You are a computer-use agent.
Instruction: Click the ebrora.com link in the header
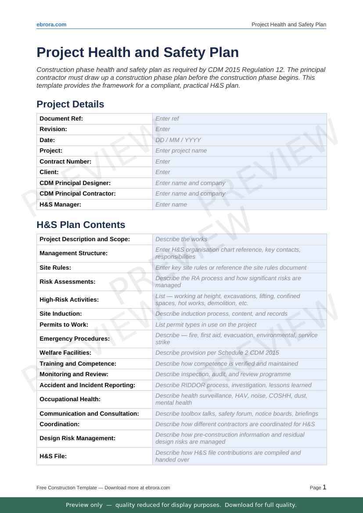(x=51, y=25)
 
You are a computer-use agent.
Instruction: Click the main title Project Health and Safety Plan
(x=137, y=53)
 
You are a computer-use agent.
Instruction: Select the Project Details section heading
(x=70, y=104)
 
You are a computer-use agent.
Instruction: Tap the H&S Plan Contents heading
(x=81, y=225)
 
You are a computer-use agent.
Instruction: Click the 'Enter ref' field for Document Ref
(x=167, y=119)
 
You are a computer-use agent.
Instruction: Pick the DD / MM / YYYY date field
(x=178, y=140)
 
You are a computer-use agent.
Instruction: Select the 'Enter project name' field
(x=181, y=151)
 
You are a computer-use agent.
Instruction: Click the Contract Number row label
(x=65, y=162)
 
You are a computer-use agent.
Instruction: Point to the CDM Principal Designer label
(x=75, y=183)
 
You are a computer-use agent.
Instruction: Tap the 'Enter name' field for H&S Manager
(x=171, y=205)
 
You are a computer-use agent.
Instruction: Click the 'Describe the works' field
(x=181, y=239)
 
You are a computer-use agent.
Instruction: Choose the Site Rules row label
(x=55, y=268)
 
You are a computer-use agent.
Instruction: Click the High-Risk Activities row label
(x=69, y=300)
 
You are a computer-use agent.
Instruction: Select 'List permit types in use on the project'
(x=206, y=325)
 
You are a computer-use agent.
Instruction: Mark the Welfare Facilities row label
(x=65, y=353)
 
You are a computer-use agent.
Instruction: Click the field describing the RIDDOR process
(x=234, y=385)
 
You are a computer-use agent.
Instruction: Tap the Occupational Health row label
(x=70, y=399)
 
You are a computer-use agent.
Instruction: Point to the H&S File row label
(x=53, y=456)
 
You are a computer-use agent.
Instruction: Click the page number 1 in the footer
(x=324, y=487)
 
